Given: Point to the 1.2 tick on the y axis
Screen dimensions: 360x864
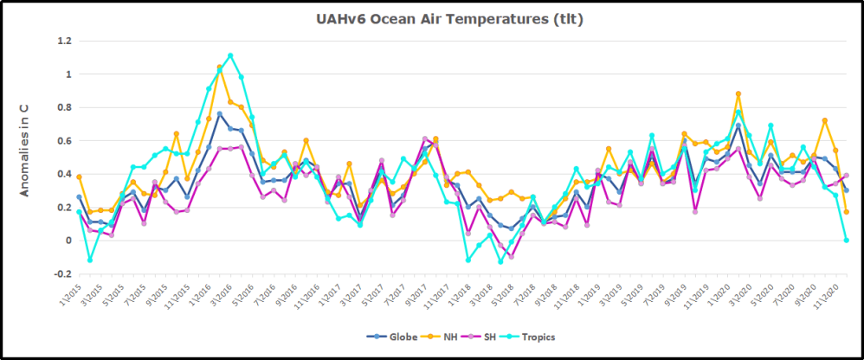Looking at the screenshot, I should click(x=63, y=42).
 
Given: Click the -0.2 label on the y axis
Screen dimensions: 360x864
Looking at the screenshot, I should click(x=61, y=274).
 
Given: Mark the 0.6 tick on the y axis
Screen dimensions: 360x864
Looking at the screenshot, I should click(x=63, y=141).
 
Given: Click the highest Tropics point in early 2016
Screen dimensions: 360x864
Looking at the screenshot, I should click(x=230, y=55).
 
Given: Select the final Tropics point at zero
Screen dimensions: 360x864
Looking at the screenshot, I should click(x=847, y=240).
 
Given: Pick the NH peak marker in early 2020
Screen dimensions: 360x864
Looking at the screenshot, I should click(x=738, y=93).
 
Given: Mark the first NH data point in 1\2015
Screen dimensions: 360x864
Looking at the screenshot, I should click(x=79, y=177).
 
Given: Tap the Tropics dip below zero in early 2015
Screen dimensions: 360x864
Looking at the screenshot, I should click(x=90, y=260).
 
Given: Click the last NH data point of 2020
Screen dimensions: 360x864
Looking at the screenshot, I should click(x=847, y=212).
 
